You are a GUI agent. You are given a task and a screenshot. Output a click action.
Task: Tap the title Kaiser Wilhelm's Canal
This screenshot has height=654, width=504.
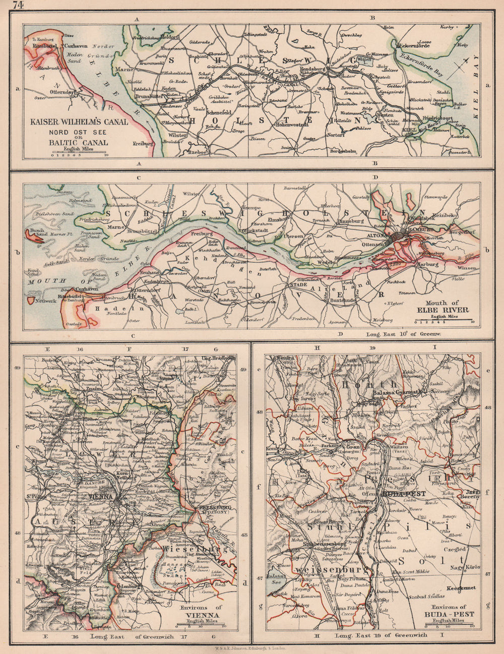(80, 122)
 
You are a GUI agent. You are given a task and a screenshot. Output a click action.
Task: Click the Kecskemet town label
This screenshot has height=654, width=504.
(463, 588)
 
